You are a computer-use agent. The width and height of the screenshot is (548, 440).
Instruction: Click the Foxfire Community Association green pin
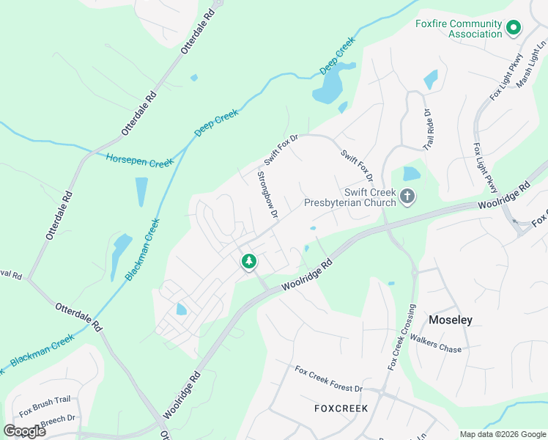point(514,29)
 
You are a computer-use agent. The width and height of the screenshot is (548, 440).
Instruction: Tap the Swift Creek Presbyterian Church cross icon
point(408,197)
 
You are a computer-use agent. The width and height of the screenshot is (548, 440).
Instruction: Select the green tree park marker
point(249,260)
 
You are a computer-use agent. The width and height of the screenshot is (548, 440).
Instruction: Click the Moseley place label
point(450,320)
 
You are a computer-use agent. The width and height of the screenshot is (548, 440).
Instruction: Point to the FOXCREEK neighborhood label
point(341,408)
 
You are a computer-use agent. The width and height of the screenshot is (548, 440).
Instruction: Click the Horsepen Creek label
point(139,160)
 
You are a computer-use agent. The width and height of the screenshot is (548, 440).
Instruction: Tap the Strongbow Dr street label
point(267,195)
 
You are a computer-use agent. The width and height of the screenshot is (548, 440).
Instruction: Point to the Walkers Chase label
point(436,344)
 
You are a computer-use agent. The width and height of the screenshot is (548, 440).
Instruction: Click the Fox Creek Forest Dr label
point(328,378)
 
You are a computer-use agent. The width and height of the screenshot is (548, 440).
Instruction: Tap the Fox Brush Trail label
point(44,406)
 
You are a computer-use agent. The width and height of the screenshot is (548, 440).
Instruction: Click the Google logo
point(24,431)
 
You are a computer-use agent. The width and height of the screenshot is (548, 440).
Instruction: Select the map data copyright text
point(503,434)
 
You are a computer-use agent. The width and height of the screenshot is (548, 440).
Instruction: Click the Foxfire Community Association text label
point(459,29)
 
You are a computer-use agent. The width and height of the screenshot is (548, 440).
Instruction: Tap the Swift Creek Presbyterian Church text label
point(350,197)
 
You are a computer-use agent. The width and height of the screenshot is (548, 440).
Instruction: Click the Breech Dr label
point(59,419)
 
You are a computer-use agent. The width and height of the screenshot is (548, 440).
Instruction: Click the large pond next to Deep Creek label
point(327,89)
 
